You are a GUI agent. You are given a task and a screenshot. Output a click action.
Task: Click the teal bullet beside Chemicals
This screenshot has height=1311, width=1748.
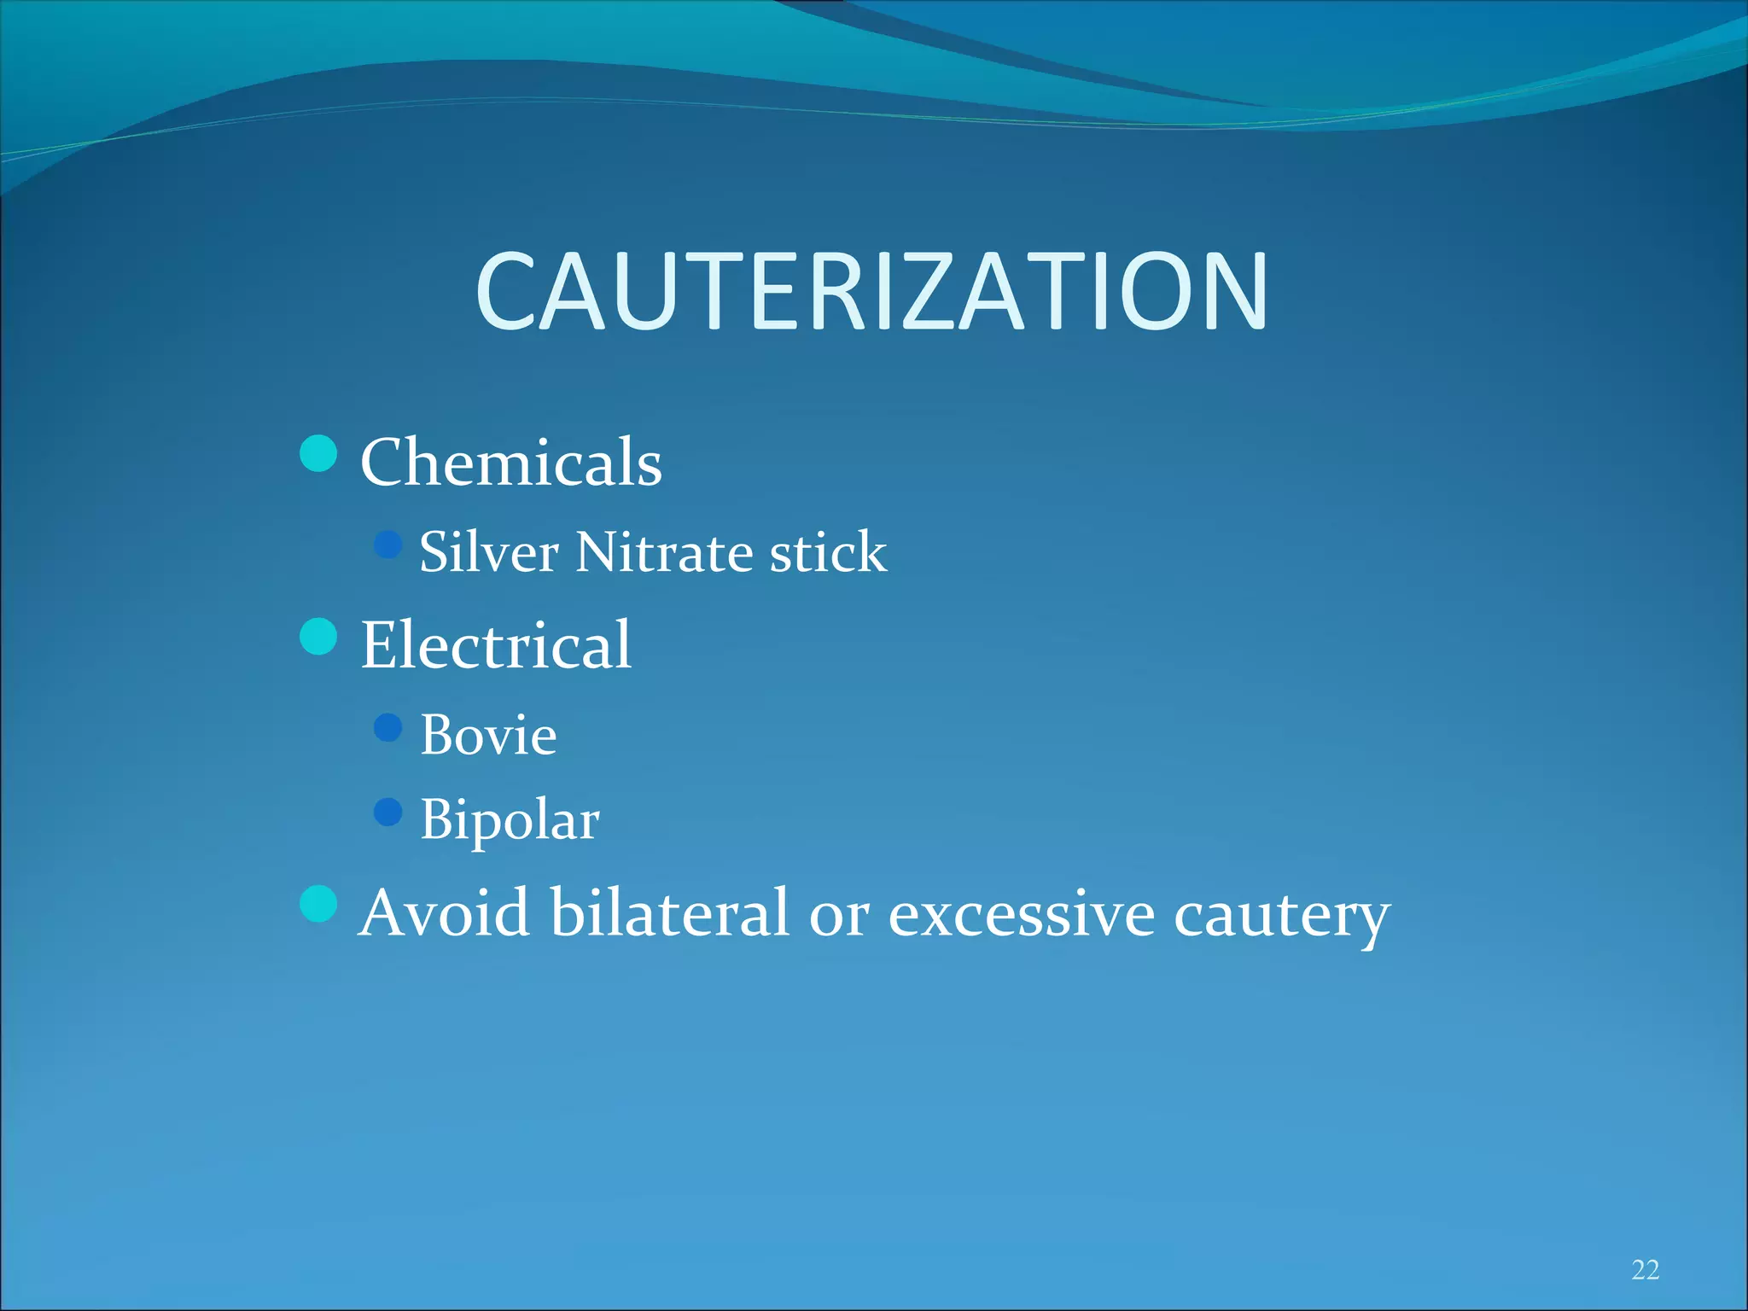click(x=319, y=453)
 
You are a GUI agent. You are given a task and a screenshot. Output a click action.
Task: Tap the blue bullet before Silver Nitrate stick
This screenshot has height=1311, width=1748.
click(x=388, y=545)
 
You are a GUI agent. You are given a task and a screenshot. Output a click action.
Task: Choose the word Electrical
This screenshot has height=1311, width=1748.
click(x=496, y=644)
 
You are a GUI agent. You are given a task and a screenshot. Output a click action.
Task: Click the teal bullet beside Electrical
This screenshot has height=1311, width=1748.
click(x=319, y=637)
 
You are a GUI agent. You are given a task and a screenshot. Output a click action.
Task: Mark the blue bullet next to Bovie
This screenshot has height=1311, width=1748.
click(x=388, y=728)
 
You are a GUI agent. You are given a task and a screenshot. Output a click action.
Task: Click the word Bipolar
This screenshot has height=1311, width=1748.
click(x=510, y=820)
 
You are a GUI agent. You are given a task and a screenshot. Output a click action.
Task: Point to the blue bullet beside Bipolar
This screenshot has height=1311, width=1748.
click(x=388, y=813)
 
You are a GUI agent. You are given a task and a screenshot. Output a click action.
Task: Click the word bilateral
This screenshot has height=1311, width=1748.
click(x=669, y=912)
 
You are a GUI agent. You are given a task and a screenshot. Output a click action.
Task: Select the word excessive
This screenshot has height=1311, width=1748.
click(x=1022, y=914)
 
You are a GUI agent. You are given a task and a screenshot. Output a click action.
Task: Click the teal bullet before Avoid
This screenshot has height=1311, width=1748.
click(x=319, y=904)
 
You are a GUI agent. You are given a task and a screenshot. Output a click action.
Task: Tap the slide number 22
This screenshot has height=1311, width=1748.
click(x=1645, y=1270)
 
